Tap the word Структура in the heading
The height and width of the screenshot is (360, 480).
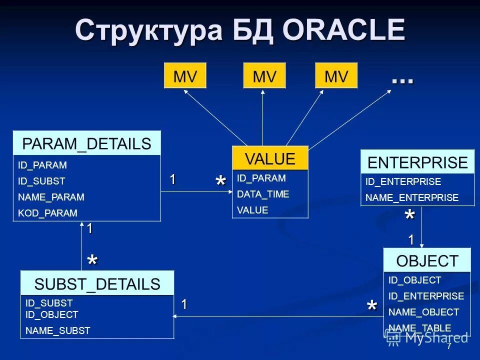pos(148,31)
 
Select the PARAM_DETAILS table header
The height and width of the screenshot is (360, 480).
pos(86,143)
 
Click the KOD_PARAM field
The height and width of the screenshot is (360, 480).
pos(47,213)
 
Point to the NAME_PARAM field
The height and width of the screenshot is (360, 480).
pos(51,197)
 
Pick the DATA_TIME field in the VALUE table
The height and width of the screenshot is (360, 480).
pos(263,194)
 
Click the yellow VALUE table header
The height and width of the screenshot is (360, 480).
pos(270,159)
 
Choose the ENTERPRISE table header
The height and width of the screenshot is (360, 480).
pos(417,162)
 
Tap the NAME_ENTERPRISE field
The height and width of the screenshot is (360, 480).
pos(412,197)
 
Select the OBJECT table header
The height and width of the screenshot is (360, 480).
pos(427,260)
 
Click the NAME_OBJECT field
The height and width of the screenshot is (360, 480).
pos(423,312)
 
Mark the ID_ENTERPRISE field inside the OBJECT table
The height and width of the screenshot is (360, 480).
pos(426,296)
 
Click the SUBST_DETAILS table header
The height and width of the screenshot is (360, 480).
pos(97,284)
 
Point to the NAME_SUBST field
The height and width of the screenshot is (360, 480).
pos(57,330)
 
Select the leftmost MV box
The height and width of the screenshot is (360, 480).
pos(185,76)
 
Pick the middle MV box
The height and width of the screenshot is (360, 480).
pos(264,76)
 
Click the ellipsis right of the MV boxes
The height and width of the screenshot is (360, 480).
pos(402,80)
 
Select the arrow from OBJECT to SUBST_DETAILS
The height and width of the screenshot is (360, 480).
pos(275,316)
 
